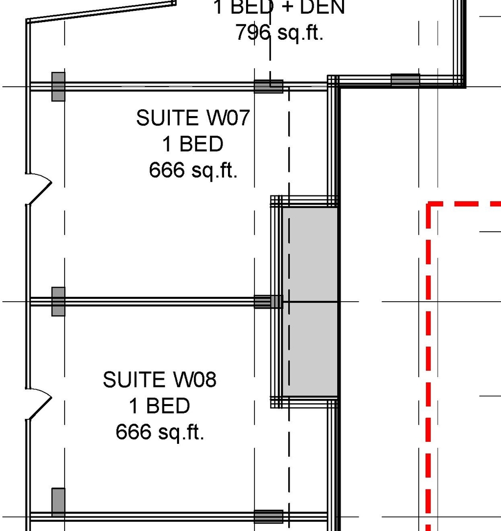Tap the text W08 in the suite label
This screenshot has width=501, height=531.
tap(194, 380)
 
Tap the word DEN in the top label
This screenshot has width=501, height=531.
tap(324, 7)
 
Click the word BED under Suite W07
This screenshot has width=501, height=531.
tap(202, 145)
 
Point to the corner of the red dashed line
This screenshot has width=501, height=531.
tap(429, 204)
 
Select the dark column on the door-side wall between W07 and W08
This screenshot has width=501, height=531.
tap(58, 301)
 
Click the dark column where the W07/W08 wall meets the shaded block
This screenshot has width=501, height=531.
tap(268, 301)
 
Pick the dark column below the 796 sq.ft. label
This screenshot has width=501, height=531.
tap(268, 86)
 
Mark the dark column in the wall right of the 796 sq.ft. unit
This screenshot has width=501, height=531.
tap(405, 80)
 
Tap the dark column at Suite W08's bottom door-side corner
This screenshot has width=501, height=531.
tap(58, 502)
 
